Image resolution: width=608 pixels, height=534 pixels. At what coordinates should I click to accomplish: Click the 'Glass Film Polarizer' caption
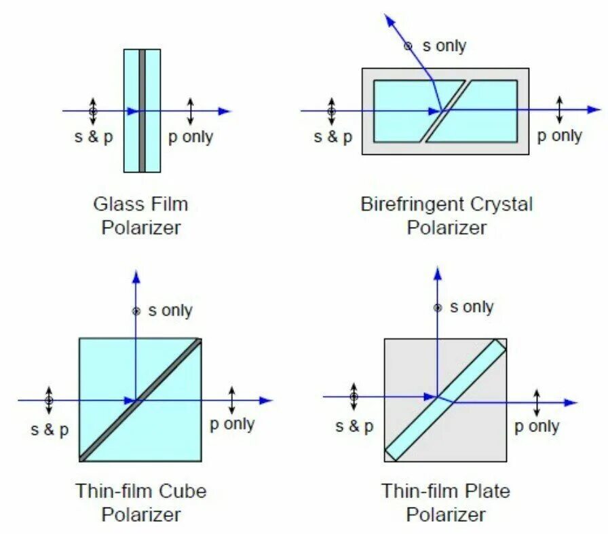pos(141,215)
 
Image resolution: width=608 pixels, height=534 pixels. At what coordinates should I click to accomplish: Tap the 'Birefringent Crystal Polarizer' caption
pos(446,215)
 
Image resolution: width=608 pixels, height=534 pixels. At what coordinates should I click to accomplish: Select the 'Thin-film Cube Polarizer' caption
pos(141,502)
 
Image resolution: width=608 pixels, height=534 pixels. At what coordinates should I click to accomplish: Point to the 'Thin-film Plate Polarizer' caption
pos(446,502)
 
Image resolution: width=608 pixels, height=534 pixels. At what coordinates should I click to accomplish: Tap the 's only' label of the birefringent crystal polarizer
pos(444,46)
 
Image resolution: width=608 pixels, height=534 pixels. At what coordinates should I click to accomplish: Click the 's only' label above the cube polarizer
pos(170,311)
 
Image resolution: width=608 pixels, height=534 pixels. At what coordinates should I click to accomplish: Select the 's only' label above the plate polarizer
pos(471,307)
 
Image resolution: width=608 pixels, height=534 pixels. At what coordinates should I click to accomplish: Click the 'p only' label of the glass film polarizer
pos(191,137)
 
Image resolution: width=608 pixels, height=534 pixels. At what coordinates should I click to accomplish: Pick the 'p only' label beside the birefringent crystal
pos(560,135)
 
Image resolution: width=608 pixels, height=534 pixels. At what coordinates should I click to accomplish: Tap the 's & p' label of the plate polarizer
pos(354,427)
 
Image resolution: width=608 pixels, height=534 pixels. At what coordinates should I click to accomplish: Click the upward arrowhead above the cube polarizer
pos(136,276)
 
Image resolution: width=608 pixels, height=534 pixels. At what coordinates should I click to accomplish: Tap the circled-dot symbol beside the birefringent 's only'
pos(408,46)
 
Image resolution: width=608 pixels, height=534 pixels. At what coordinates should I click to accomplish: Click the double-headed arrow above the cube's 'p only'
pos(232,400)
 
